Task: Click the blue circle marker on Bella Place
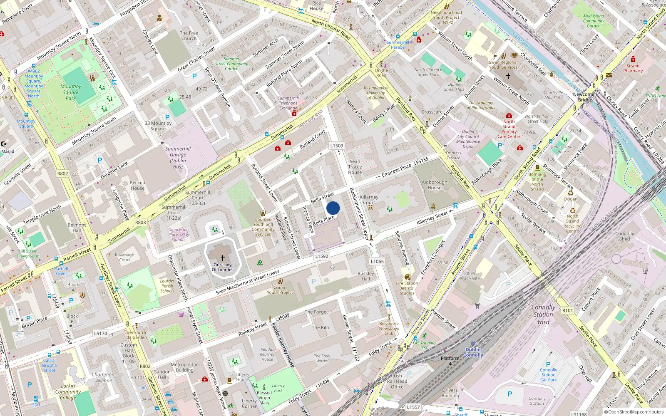[x=333, y=208]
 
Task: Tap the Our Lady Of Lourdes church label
[x=223, y=267]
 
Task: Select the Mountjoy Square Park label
[x=71, y=92]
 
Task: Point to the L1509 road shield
[x=337, y=146]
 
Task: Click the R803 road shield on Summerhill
[x=141, y=223]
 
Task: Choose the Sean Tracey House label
[x=355, y=167]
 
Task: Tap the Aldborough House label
[x=435, y=185]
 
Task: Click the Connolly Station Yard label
[x=543, y=314]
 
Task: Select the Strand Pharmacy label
[x=633, y=68]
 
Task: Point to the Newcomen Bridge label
[x=585, y=97]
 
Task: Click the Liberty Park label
[x=278, y=388]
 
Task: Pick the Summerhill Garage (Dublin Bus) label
[x=178, y=157]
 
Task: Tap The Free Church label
[x=189, y=36]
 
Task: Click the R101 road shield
[x=567, y=310]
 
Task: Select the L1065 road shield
[x=377, y=261]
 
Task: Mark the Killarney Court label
[x=369, y=200]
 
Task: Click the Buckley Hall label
[x=366, y=276]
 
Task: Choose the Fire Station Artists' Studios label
[x=407, y=288]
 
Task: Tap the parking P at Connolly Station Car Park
[x=548, y=364]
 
